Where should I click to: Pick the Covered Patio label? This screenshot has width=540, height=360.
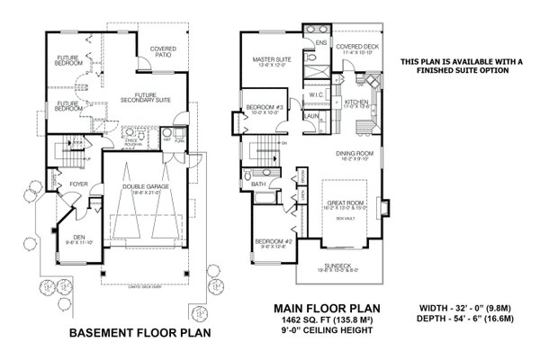point(162,50)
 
